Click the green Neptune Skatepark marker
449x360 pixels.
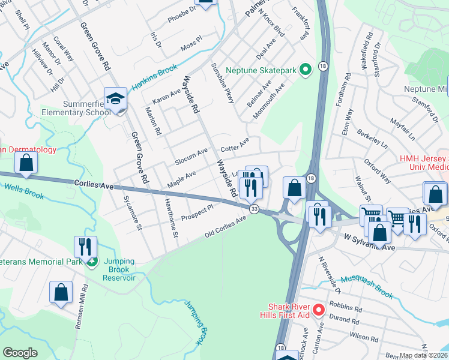(305, 70)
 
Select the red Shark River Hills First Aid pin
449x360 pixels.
(319, 310)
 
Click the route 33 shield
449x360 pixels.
(255, 209)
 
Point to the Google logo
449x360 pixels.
(20, 353)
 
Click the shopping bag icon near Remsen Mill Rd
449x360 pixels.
(61, 292)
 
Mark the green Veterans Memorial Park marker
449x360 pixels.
(91, 261)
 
